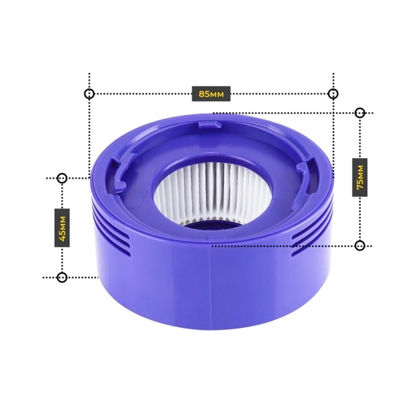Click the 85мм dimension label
coord(211,94)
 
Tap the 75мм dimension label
coord(360,177)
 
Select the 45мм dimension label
coord(62,227)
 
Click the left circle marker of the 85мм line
coord(89,94)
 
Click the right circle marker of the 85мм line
coord(333,94)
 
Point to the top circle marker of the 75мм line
coord(360,113)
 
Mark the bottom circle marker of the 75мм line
coord(360,245)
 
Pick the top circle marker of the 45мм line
coord(62,177)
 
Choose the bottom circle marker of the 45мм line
coord(62,277)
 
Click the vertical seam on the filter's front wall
coord(212,284)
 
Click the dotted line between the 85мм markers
coord(142,94)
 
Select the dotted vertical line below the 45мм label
coord(62,261)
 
